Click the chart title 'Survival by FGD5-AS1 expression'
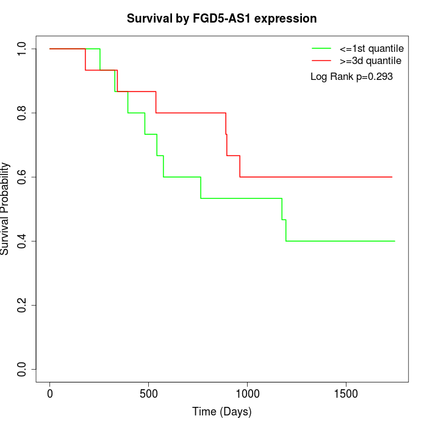coord(221,18)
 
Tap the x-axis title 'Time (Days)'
coord(221,412)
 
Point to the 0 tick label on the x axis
coord(50,394)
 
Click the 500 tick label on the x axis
coord(148,394)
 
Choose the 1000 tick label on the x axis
coord(247,394)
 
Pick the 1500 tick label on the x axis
coord(346,394)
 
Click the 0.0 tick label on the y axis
coord(22,370)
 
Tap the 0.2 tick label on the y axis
coord(22,305)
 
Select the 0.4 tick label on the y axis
coord(22,241)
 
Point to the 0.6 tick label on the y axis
coord(22,177)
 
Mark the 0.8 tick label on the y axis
coord(22,113)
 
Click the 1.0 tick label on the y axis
coord(22,49)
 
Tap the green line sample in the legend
coord(321,48)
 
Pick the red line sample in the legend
coord(321,60)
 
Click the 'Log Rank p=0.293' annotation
coord(351,77)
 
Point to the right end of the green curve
coord(395,241)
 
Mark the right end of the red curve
coord(392,177)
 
